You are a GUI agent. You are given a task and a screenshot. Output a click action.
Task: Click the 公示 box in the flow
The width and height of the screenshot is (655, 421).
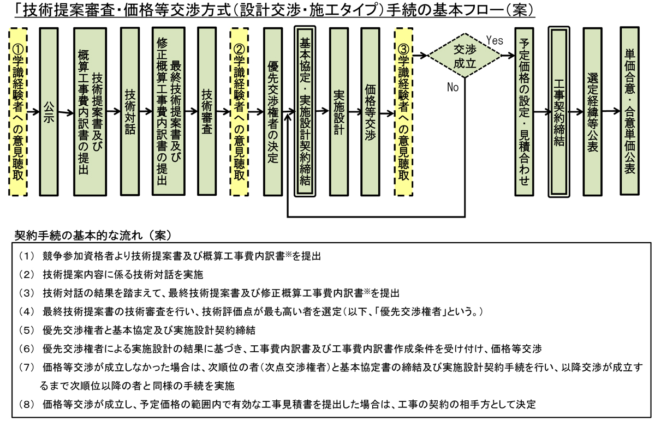click(x=49, y=112)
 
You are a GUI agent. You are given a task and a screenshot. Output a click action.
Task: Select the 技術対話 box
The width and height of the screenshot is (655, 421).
click(x=130, y=112)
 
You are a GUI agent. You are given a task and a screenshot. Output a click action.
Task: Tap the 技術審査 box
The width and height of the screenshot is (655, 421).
click(x=206, y=112)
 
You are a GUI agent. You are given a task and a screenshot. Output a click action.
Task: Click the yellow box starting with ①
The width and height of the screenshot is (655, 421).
click(x=19, y=112)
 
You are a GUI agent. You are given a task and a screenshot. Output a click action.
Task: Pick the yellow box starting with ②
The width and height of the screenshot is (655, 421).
click(x=239, y=112)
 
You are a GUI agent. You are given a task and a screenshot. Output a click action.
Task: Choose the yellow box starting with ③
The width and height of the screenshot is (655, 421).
click(x=403, y=112)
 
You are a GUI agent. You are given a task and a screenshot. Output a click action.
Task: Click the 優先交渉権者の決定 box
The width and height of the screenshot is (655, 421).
click(x=272, y=112)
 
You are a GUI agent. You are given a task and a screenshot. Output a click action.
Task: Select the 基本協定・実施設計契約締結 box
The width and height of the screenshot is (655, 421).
click(x=305, y=112)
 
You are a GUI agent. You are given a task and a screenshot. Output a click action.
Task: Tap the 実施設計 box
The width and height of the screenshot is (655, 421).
click(x=338, y=112)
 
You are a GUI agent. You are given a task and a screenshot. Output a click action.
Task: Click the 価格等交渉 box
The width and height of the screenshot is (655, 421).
click(x=371, y=112)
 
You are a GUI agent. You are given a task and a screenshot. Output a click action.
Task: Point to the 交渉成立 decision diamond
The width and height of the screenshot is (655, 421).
click(x=463, y=56)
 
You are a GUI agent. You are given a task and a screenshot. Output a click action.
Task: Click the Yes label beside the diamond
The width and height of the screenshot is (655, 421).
click(x=494, y=39)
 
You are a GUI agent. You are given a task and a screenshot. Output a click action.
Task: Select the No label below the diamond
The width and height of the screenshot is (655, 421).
click(x=453, y=87)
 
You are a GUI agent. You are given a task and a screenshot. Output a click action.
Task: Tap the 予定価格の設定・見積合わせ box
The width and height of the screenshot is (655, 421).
click(x=525, y=112)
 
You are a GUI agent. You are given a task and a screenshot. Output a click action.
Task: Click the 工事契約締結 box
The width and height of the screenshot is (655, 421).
click(x=558, y=112)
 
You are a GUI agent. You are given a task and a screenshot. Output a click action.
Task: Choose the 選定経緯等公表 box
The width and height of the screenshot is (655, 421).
click(x=592, y=112)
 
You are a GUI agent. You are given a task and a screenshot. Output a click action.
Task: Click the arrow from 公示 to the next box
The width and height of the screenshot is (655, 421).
click(x=65, y=113)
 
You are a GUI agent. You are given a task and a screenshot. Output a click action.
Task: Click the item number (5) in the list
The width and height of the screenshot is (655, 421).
click(x=26, y=330)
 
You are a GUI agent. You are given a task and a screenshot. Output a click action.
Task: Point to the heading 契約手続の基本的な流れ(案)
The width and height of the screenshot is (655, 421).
click(x=93, y=236)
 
